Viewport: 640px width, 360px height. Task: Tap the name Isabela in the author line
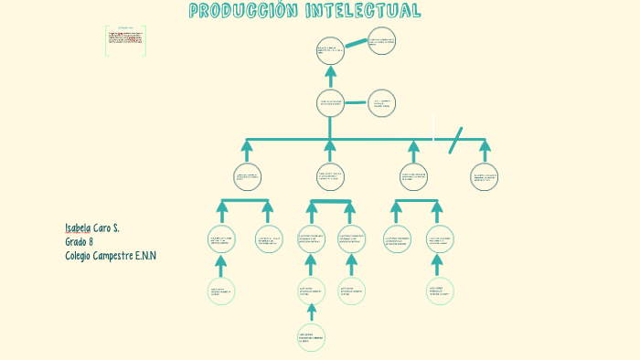pyautogui.click(x=78, y=227)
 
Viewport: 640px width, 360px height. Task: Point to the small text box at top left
pyautogui.click(x=125, y=39)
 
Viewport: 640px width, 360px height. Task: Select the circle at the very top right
pyautogui.click(x=381, y=41)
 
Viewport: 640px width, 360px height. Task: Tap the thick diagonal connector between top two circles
pyautogui.click(x=357, y=44)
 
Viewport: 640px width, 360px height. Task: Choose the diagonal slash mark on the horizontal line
pyautogui.click(x=454, y=140)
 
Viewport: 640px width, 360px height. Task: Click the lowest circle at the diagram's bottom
pyautogui.click(x=311, y=337)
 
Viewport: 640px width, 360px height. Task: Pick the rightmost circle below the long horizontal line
pyautogui.click(x=484, y=177)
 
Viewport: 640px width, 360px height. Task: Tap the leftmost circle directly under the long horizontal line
pyautogui.click(x=247, y=176)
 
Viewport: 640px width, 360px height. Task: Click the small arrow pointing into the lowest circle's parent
pyautogui.click(x=311, y=311)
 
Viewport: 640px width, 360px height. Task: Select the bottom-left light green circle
pyautogui.click(x=220, y=291)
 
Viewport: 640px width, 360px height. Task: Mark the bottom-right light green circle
pyautogui.click(x=438, y=291)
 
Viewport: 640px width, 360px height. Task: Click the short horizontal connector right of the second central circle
pyautogui.click(x=356, y=103)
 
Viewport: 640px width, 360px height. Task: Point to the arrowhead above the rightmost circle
pyautogui.click(x=485, y=146)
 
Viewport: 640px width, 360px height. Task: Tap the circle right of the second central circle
pyautogui.click(x=381, y=104)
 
